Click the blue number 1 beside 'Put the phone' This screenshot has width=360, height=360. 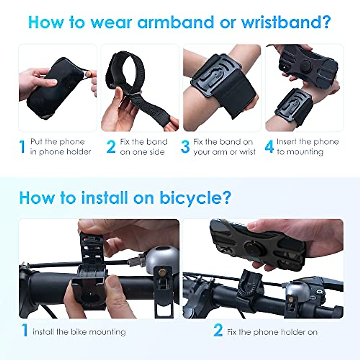(22, 147)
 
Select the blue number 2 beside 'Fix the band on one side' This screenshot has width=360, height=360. (111, 147)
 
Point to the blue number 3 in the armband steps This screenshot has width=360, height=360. (185, 147)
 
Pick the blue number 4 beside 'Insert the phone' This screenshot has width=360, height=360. (269, 147)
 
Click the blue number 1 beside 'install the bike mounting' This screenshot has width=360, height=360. (25, 330)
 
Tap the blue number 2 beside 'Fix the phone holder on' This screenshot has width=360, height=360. (218, 330)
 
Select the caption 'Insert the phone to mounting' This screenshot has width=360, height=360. (307, 147)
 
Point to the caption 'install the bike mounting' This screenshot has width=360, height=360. (79, 332)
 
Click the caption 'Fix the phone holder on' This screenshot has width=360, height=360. (272, 332)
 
